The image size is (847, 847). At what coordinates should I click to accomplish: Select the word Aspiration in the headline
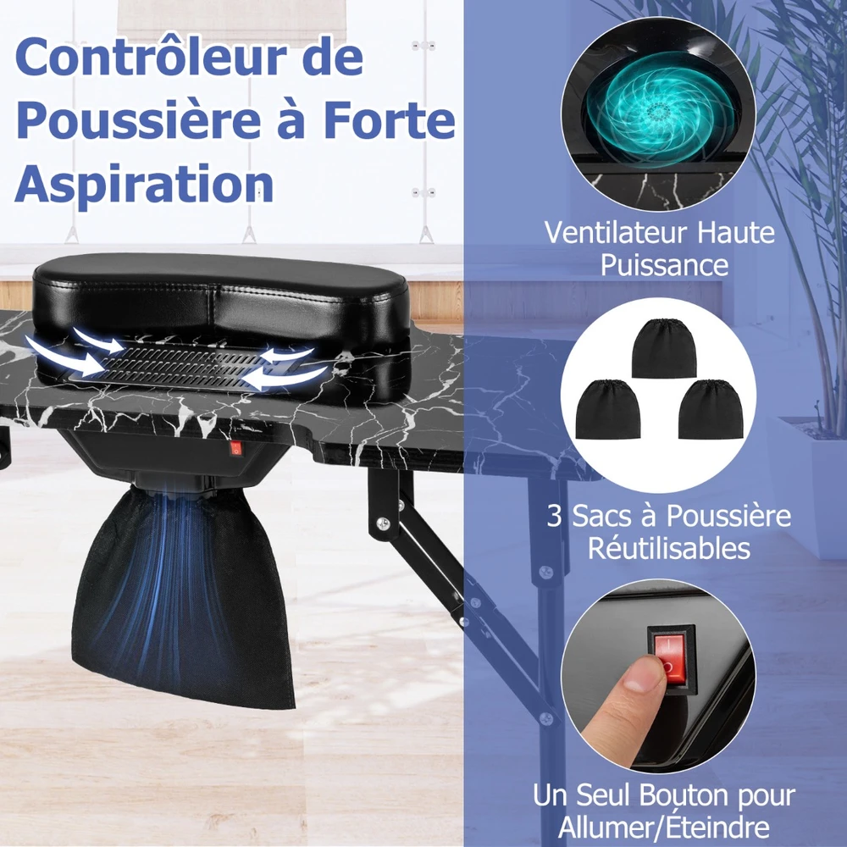coord(144,185)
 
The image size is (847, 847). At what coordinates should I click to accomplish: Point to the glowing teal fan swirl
coord(658,111)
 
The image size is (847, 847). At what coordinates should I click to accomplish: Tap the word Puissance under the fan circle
coord(664,265)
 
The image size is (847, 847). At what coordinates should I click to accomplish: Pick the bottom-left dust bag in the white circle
coord(607,409)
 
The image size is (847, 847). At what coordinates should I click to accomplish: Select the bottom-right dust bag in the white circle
coord(711,409)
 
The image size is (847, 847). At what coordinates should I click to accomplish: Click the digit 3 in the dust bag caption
coord(554,516)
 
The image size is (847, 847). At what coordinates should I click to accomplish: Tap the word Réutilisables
coord(669,548)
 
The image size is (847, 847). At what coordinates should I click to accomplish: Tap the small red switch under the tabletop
coord(235,448)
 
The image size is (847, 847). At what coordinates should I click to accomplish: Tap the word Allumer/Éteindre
coord(664,827)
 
